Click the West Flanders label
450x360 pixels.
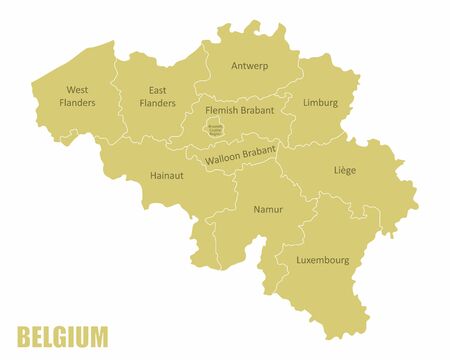click(77, 95)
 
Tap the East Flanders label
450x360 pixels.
click(157, 95)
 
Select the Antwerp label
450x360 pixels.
click(249, 66)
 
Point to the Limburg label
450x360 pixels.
click(320, 102)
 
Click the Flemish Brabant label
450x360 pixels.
click(239, 110)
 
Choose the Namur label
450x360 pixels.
click(268, 209)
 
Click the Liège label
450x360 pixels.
click(344, 170)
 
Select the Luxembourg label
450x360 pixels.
click(322, 260)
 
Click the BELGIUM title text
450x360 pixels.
click(62, 335)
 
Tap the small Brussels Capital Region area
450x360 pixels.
click(214, 128)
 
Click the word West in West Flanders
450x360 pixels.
click(77, 89)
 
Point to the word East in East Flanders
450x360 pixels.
click(157, 89)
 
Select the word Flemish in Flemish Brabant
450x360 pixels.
click(223, 110)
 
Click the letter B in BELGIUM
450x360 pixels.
click(24, 335)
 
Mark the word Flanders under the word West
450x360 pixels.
click(77, 102)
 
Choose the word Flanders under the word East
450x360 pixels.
click(157, 102)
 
